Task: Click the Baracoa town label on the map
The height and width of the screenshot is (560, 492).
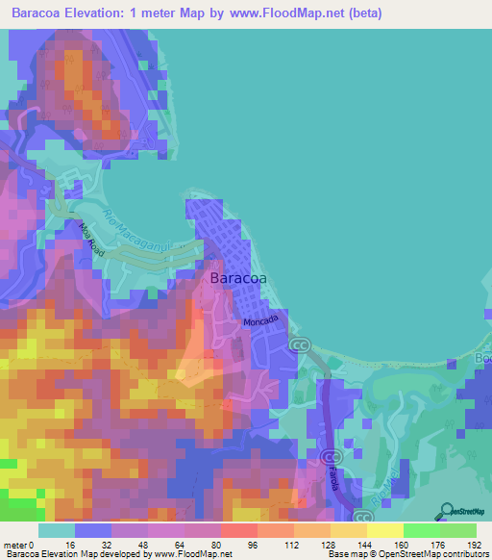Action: pos(239,280)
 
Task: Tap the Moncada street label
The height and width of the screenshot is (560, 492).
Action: pos(260,321)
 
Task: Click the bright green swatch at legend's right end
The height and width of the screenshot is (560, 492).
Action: pos(457,530)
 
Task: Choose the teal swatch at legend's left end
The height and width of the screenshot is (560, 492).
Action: pos(57,530)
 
